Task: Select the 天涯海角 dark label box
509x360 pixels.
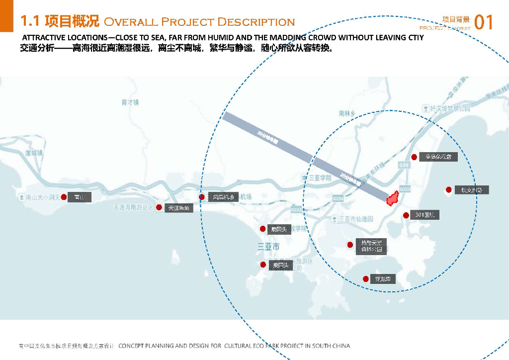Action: click(178, 208)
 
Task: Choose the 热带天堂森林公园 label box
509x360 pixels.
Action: click(372, 246)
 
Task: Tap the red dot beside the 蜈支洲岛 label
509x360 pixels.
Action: click(449, 189)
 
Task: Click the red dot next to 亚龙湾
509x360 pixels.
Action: click(366, 279)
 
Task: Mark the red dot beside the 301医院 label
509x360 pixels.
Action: click(406, 215)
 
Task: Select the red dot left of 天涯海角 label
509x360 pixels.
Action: click(159, 207)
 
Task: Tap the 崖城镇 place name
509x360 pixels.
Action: click(34, 153)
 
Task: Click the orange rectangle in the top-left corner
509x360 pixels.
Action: click(6, 15)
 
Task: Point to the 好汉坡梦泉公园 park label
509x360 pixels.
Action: click(448, 108)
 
